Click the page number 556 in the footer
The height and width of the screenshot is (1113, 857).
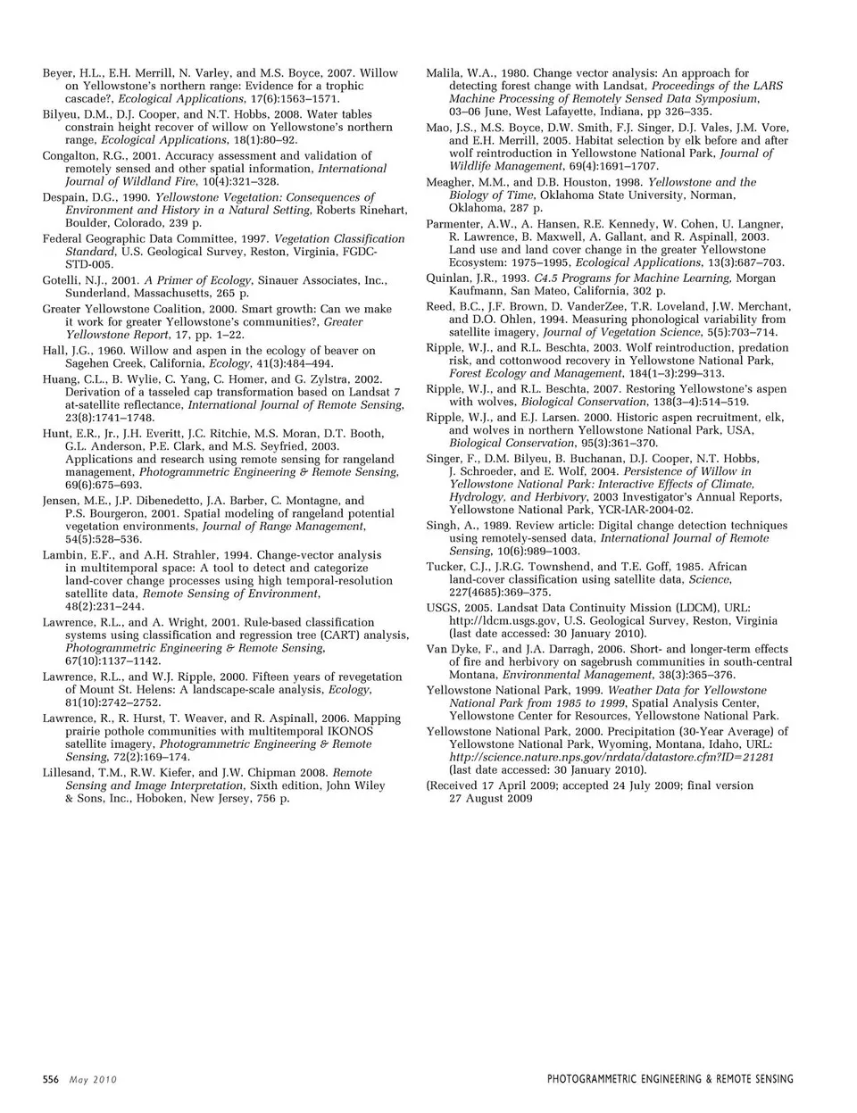click(50, 1079)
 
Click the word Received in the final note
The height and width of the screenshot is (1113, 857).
click(457, 785)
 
